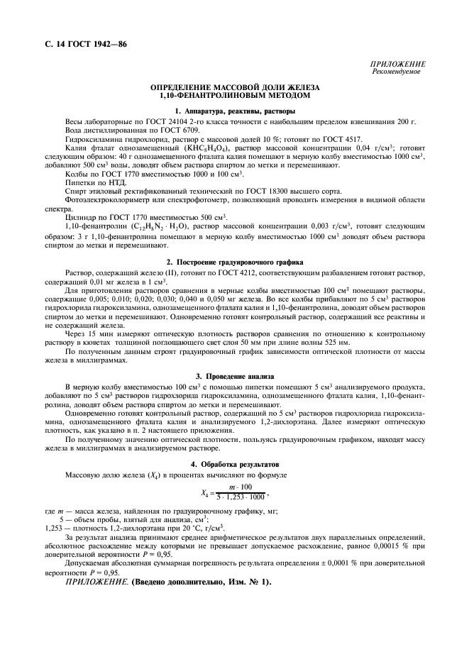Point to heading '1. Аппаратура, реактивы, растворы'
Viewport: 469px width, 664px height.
(235, 111)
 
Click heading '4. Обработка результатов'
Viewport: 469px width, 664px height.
(235, 463)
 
